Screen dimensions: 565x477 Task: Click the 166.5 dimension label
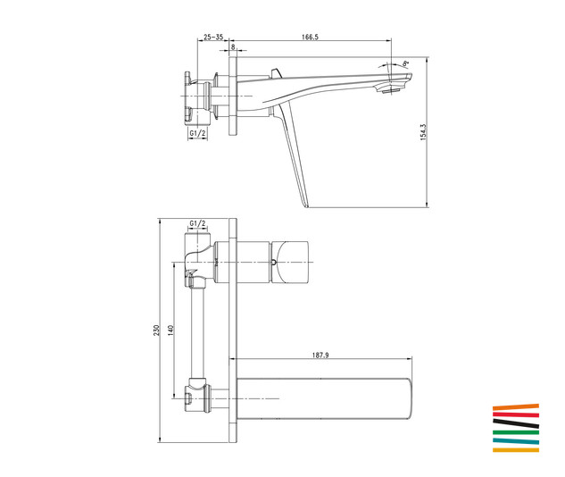[310, 37]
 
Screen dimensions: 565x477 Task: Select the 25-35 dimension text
[213, 37]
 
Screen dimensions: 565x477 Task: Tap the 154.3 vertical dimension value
[423, 132]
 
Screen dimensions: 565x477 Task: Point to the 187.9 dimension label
[320, 356]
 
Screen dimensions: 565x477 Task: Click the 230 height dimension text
[156, 331]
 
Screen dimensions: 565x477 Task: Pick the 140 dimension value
[170, 331]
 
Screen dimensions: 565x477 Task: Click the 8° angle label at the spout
[406, 63]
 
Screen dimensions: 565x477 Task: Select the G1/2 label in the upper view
[197, 133]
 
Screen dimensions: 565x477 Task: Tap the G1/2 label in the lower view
[197, 223]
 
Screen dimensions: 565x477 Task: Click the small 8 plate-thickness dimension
[233, 46]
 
